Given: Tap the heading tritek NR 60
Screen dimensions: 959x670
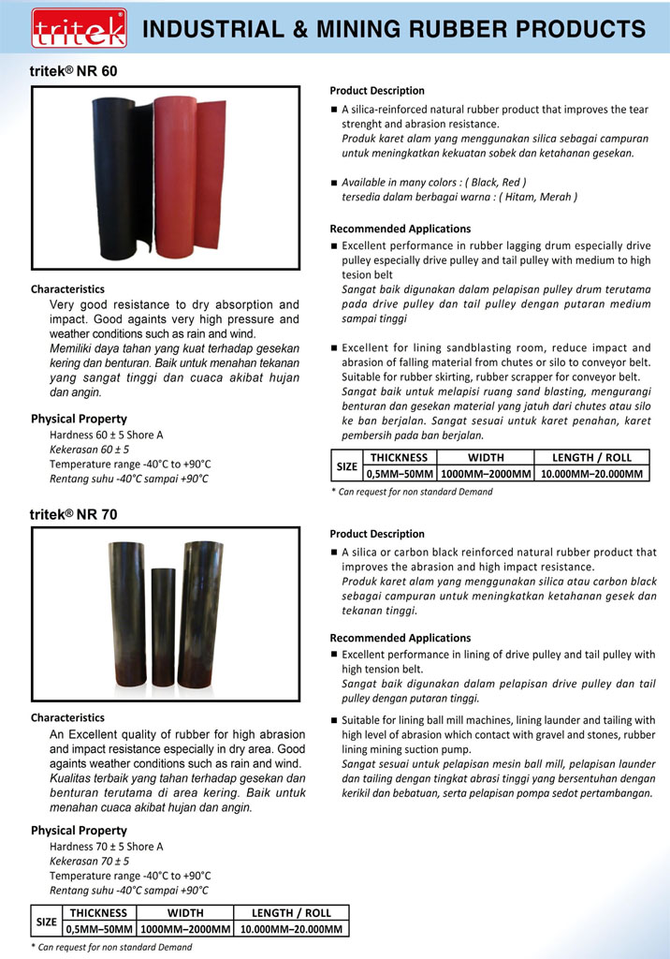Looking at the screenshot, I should [x=74, y=70].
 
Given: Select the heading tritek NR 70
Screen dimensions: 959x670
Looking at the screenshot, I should [x=74, y=514].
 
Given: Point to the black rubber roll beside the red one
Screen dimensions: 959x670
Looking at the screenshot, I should [x=122, y=178].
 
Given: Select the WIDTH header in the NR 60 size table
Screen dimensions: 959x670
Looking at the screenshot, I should [x=486, y=457].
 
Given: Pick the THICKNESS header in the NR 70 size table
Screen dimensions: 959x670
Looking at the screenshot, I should [x=99, y=912].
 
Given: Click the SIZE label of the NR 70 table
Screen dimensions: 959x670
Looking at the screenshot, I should [x=46, y=921].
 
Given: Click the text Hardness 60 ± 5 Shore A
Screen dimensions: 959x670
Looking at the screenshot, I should [x=107, y=435].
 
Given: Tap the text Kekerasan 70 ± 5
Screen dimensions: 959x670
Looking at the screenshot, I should [x=90, y=860].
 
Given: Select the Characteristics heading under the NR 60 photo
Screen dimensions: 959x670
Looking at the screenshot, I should [x=67, y=289].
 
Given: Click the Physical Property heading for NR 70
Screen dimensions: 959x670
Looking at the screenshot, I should [x=79, y=830].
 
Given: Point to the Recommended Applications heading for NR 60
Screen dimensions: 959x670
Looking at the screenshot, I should [x=400, y=229].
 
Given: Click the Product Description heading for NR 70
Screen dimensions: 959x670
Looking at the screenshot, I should [x=377, y=534].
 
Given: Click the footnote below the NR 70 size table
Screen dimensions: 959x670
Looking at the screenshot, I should [x=111, y=947].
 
